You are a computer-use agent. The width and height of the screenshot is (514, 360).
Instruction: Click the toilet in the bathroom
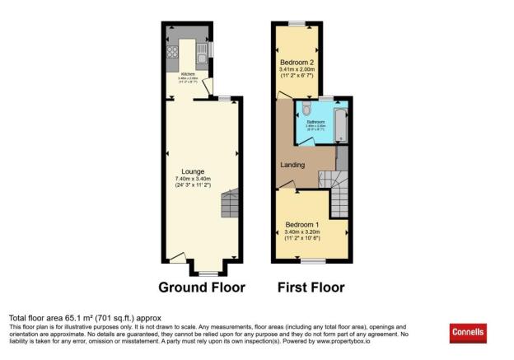pyautogui.click(x=305, y=109)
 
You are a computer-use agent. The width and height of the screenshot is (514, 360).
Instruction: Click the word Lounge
pyautogui.click(x=193, y=171)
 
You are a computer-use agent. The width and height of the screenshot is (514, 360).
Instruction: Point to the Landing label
pyautogui.click(x=292, y=166)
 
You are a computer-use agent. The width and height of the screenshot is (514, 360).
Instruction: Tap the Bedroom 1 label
pyautogui.click(x=301, y=225)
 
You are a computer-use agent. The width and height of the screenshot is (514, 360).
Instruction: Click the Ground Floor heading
pyautogui.click(x=202, y=288)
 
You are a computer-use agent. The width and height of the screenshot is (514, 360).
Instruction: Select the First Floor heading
pyautogui.click(x=311, y=288)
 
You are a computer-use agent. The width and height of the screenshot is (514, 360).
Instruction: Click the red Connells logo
pyautogui.click(x=468, y=333)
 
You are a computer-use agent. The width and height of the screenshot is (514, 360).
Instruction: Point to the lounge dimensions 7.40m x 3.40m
pyautogui.click(x=193, y=179)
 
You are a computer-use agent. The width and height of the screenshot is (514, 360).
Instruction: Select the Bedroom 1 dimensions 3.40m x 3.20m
pyautogui.click(x=301, y=232)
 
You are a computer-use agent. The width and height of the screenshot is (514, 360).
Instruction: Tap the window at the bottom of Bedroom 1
pyautogui.click(x=312, y=261)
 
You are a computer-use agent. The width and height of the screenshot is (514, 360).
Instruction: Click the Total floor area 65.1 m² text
pyautogui.click(x=85, y=317)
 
